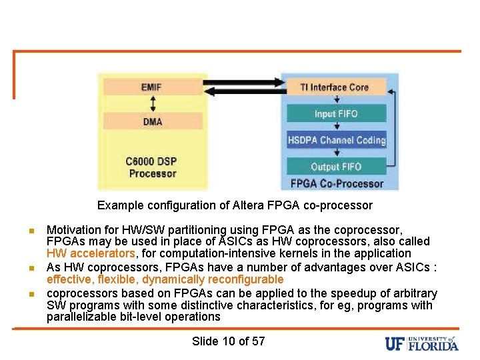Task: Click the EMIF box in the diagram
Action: click(151, 87)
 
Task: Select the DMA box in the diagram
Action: click(152, 121)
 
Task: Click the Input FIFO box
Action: click(336, 113)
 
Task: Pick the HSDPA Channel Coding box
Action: click(336, 140)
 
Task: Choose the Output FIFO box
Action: click(336, 167)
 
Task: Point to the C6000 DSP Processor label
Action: click(152, 167)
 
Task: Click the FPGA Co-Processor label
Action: click(337, 183)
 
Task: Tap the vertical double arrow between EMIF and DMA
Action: click(152, 104)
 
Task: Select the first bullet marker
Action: click(31, 231)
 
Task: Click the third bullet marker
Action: click(31, 294)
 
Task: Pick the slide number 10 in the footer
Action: click(229, 341)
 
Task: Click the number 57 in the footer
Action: click(258, 341)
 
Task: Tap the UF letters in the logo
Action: click(395, 343)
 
